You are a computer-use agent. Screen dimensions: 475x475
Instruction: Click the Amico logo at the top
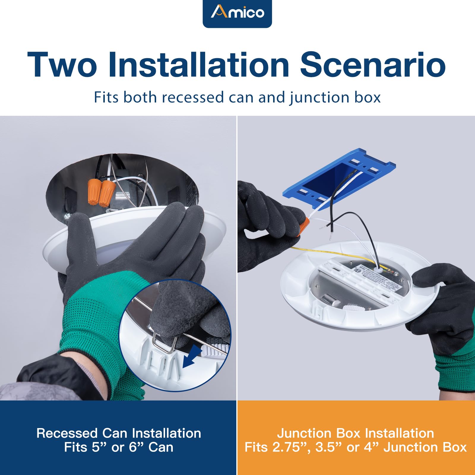tap(237, 12)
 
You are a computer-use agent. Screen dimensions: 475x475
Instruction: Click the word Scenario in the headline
tap(373, 65)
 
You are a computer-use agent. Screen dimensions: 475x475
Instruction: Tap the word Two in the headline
tap(62, 65)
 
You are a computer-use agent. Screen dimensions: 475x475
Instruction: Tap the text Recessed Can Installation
tap(118, 433)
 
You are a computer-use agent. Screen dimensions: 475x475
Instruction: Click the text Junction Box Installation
tap(355, 433)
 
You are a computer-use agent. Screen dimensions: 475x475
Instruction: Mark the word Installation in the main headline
tap(198, 65)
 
